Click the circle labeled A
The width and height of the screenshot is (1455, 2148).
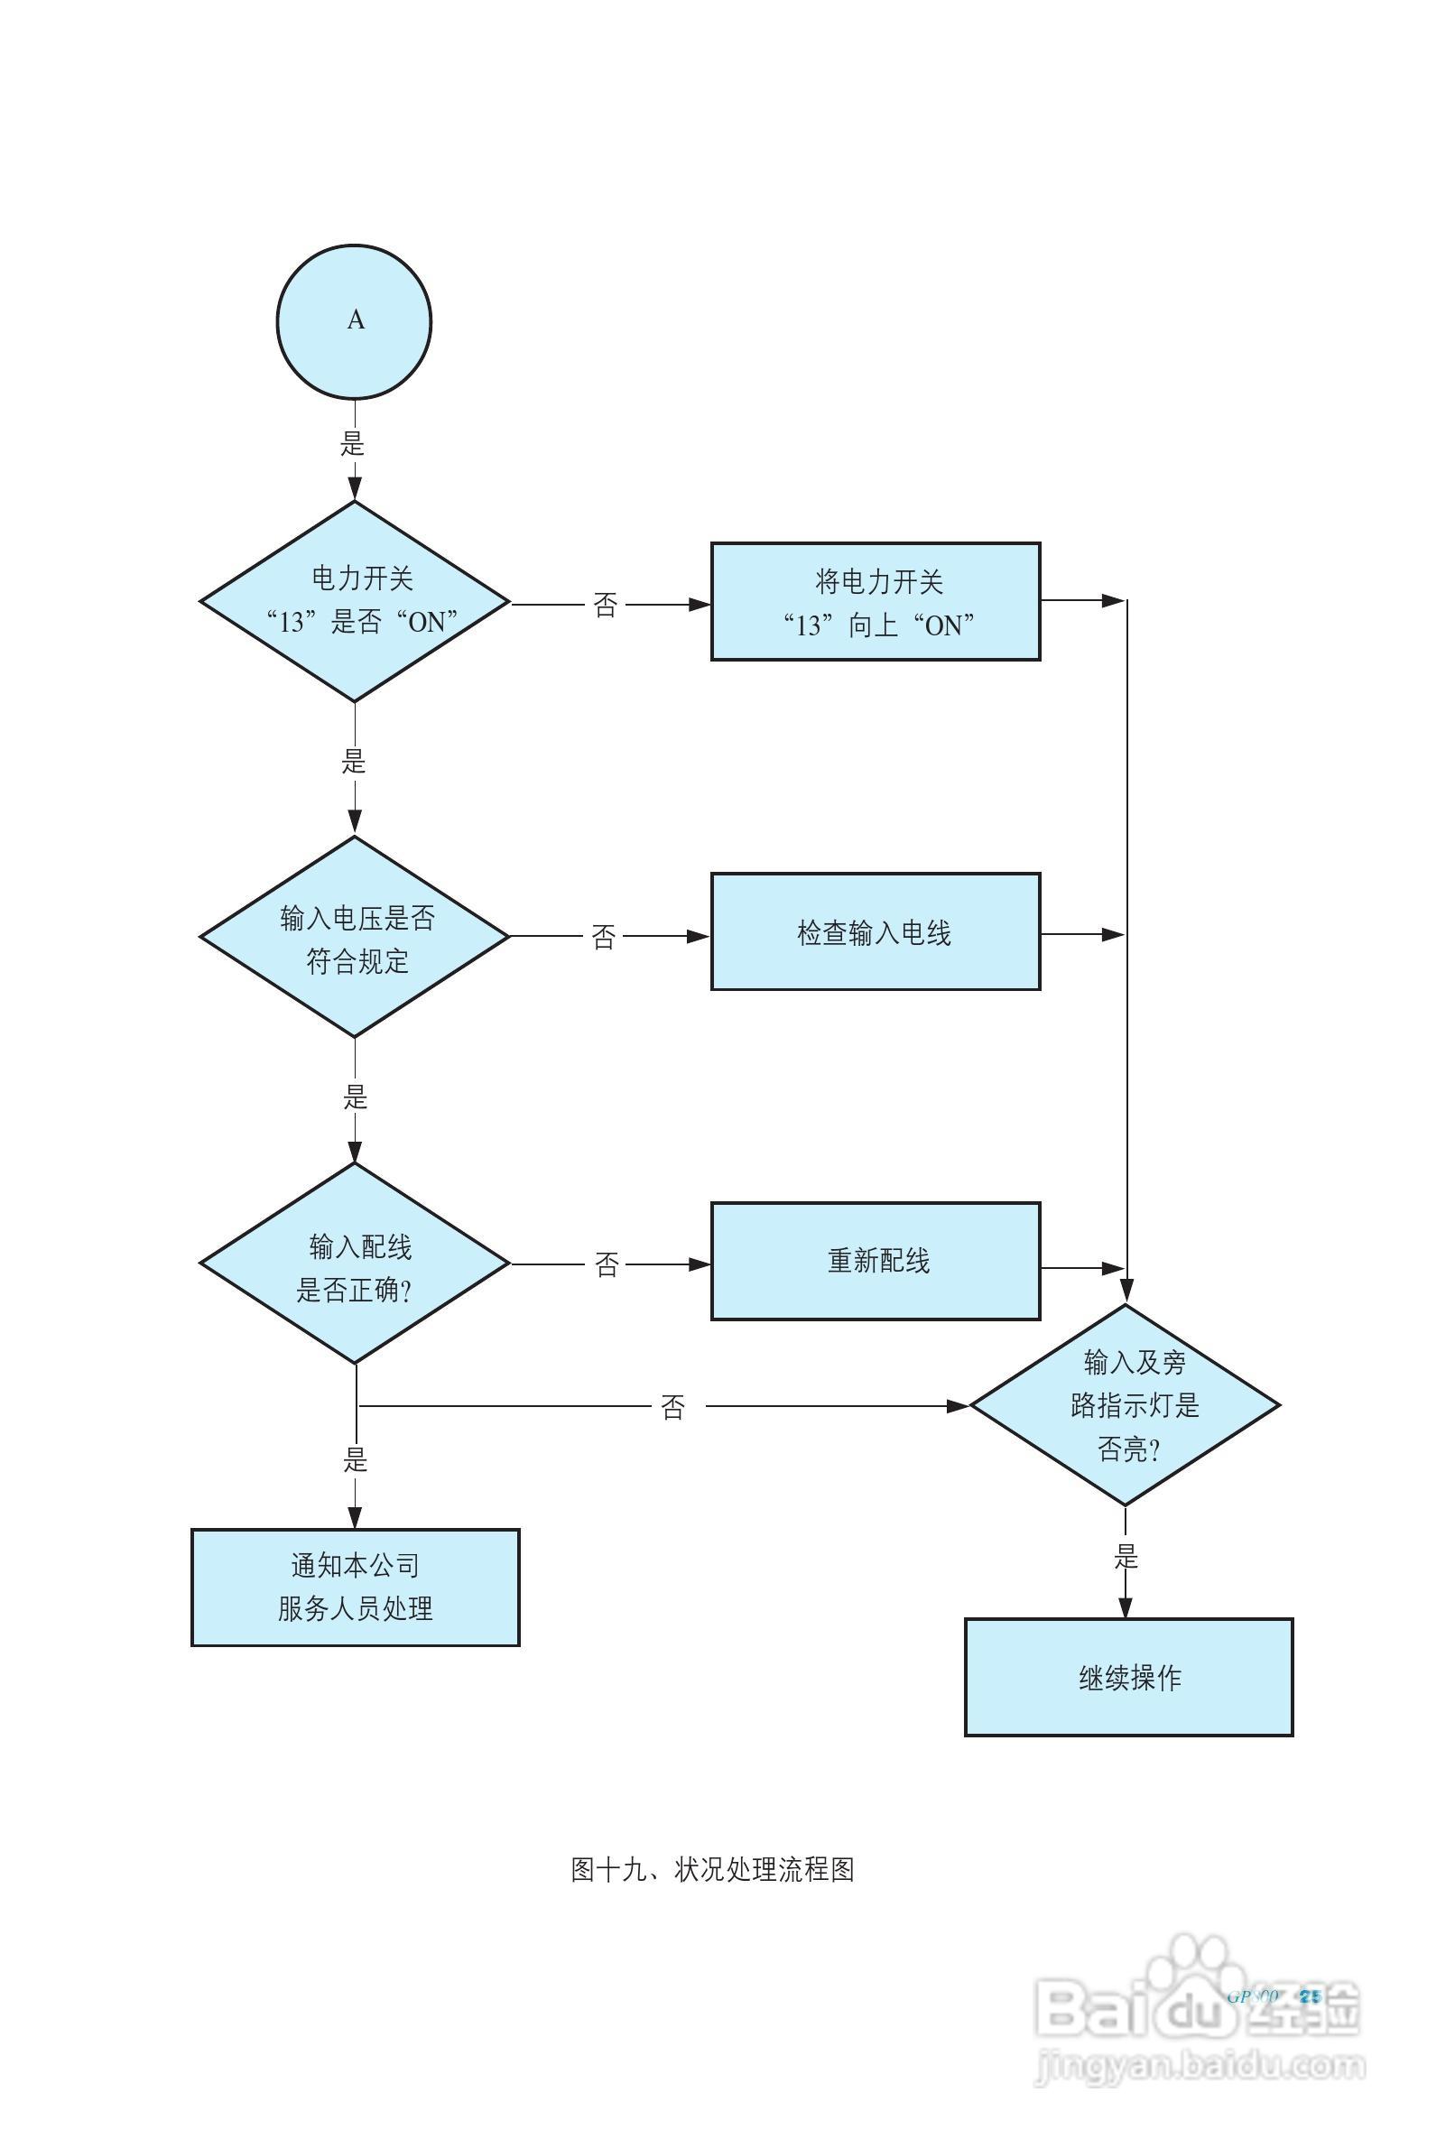354,321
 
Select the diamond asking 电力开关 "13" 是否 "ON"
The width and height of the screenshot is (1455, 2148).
355,602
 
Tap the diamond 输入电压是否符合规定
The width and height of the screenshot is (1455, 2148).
355,936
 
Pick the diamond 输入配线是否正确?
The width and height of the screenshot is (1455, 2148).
355,1264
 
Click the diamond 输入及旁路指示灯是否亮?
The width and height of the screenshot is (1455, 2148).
1125,1405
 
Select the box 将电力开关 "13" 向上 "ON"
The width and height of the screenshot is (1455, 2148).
876,602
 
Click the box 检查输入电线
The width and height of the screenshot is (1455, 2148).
876,931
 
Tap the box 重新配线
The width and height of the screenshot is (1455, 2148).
876,1262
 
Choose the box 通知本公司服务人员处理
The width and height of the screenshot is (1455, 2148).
355,1587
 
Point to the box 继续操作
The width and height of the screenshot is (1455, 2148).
1128,1678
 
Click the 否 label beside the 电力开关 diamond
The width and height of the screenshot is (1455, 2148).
606,606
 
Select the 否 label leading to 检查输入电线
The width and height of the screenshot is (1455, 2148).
604,937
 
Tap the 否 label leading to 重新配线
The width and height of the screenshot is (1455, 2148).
607,1264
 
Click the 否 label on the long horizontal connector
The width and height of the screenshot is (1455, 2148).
673,1407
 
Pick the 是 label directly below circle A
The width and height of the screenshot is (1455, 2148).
353,443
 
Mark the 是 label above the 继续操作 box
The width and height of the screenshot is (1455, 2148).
1125,1557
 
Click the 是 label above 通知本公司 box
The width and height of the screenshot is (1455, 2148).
356,1459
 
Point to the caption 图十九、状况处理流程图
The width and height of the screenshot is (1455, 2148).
712,1870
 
